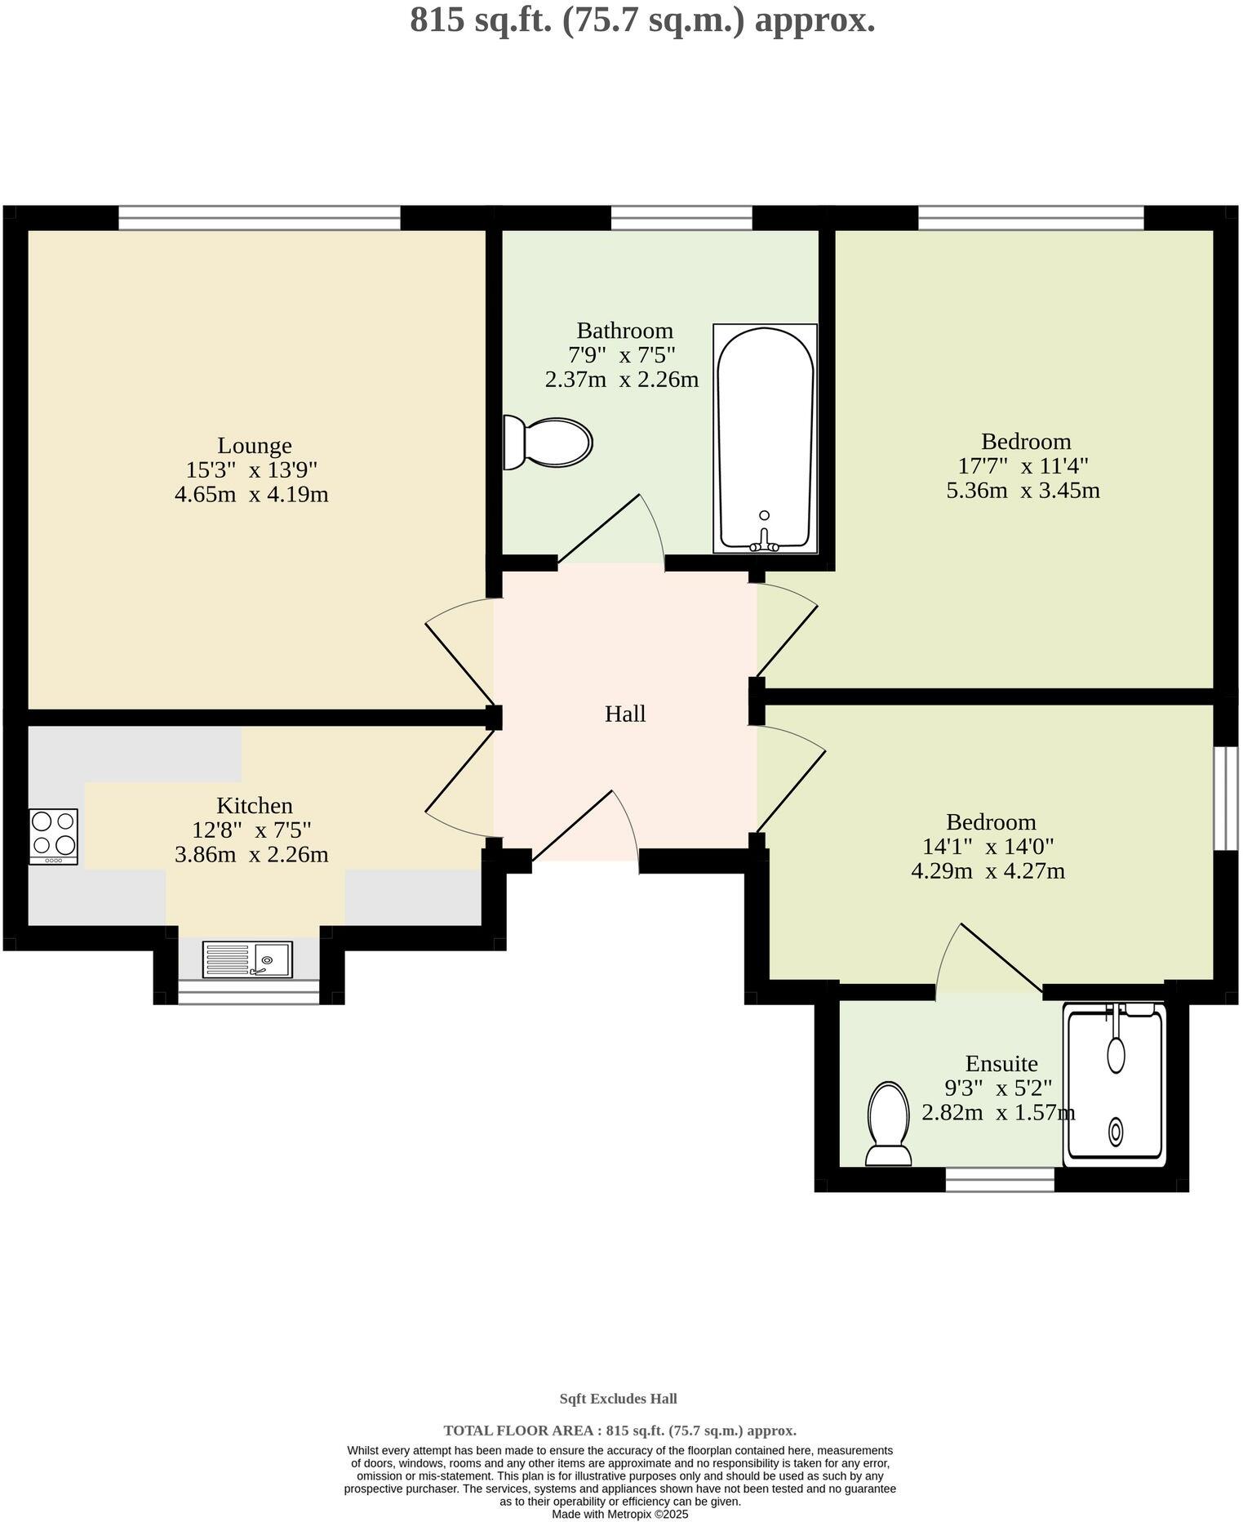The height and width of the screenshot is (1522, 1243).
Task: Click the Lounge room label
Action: (254, 446)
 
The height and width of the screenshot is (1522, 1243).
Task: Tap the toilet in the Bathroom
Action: (547, 443)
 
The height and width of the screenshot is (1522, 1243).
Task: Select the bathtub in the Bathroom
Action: (765, 438)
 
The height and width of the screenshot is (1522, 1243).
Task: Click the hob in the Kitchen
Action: (53, 835)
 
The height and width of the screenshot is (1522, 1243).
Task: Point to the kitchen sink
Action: (247, 959)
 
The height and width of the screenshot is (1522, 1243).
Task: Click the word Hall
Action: (624, 714)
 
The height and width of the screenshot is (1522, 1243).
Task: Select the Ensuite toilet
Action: (888, 1124)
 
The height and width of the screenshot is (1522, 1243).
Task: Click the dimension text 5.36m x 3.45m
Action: (1023, 491)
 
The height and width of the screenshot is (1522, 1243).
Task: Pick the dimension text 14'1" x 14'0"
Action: (988, 847)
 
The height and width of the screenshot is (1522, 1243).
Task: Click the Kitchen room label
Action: (254, 806)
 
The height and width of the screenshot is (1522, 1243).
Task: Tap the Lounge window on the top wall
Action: (259, 218)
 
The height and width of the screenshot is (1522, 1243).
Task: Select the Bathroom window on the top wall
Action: (681, 218)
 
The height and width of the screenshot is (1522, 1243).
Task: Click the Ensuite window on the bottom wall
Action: (1000, 1179)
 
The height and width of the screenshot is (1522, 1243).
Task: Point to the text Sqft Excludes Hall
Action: (618, 1399)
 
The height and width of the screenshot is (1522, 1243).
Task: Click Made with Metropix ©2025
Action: (619, 1514)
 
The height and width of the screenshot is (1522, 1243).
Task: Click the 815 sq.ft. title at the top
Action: (642, 20)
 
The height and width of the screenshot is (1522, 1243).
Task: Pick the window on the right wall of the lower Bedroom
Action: (1225, 798)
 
